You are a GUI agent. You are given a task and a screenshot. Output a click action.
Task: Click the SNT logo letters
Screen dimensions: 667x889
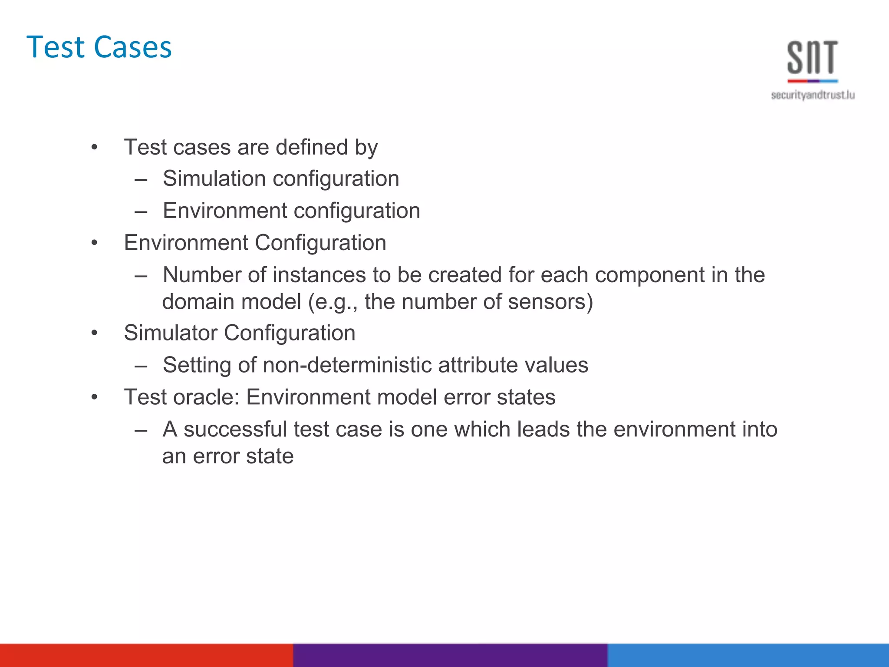[x=812, y=57]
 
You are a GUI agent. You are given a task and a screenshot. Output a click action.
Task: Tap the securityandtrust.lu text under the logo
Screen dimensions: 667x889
[x=813, y=95]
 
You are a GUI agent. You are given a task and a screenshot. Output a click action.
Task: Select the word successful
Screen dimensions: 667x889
[x=235, y=429]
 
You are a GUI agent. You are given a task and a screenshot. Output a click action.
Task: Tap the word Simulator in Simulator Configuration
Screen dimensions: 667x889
[x=171, y=333]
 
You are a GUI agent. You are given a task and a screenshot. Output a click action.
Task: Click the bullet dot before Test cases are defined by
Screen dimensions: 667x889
[x=95, y=148]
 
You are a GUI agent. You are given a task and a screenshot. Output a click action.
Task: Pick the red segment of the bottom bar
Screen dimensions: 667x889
[x=146, y=655]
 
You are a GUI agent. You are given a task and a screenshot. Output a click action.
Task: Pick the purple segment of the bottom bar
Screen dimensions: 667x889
[x=450, y=655]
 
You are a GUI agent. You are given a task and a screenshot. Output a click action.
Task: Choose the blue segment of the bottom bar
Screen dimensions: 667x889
[x=748, y=655]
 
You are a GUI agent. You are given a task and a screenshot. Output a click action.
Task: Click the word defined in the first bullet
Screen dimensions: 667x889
[x=312, y=147]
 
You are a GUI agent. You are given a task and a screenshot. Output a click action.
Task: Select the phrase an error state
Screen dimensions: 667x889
[x=228, y=456]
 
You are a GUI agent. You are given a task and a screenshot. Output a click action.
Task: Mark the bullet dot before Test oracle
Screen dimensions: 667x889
[x=95, y=397]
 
